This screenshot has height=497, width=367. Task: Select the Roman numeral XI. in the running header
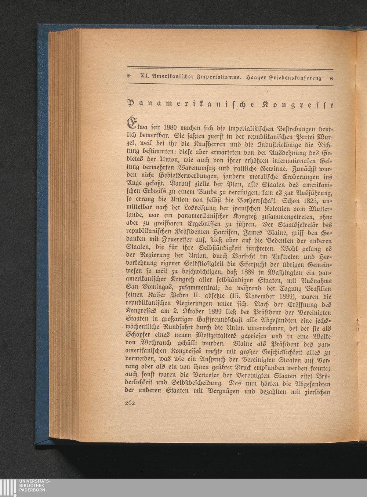141,77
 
